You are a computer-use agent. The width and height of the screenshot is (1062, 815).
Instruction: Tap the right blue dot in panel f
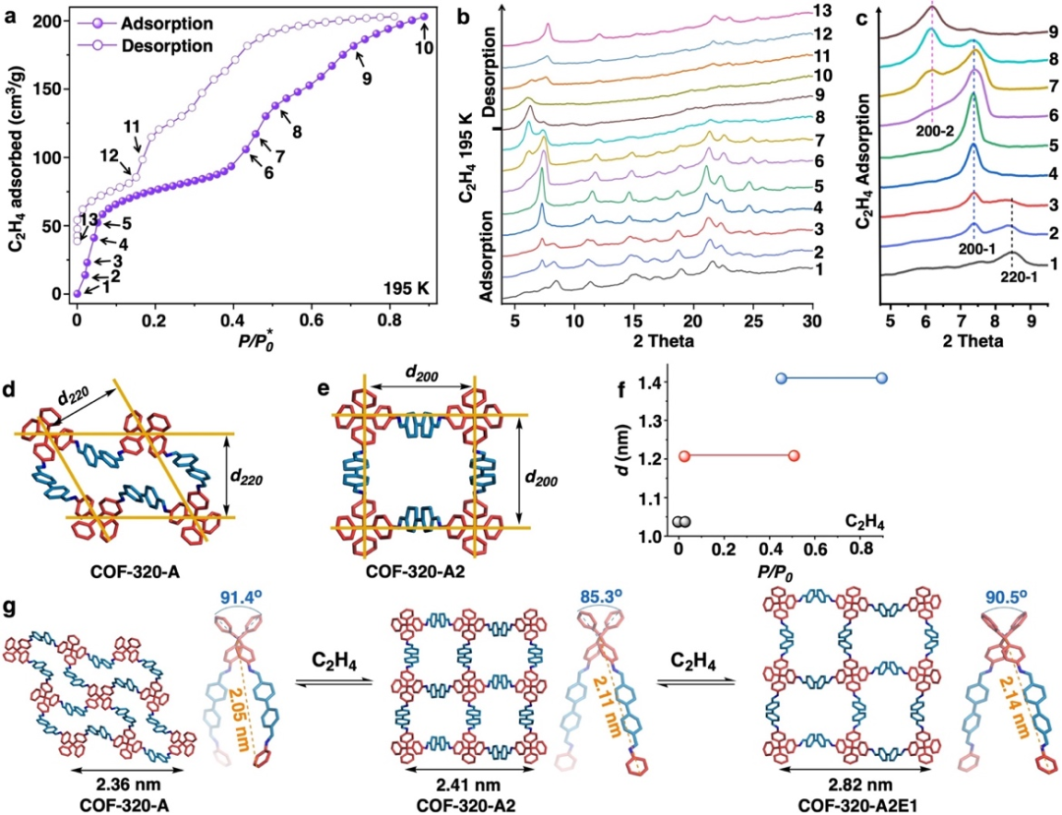click(881, 378)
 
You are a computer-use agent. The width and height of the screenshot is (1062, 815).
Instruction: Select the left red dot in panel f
click(685, 456)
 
